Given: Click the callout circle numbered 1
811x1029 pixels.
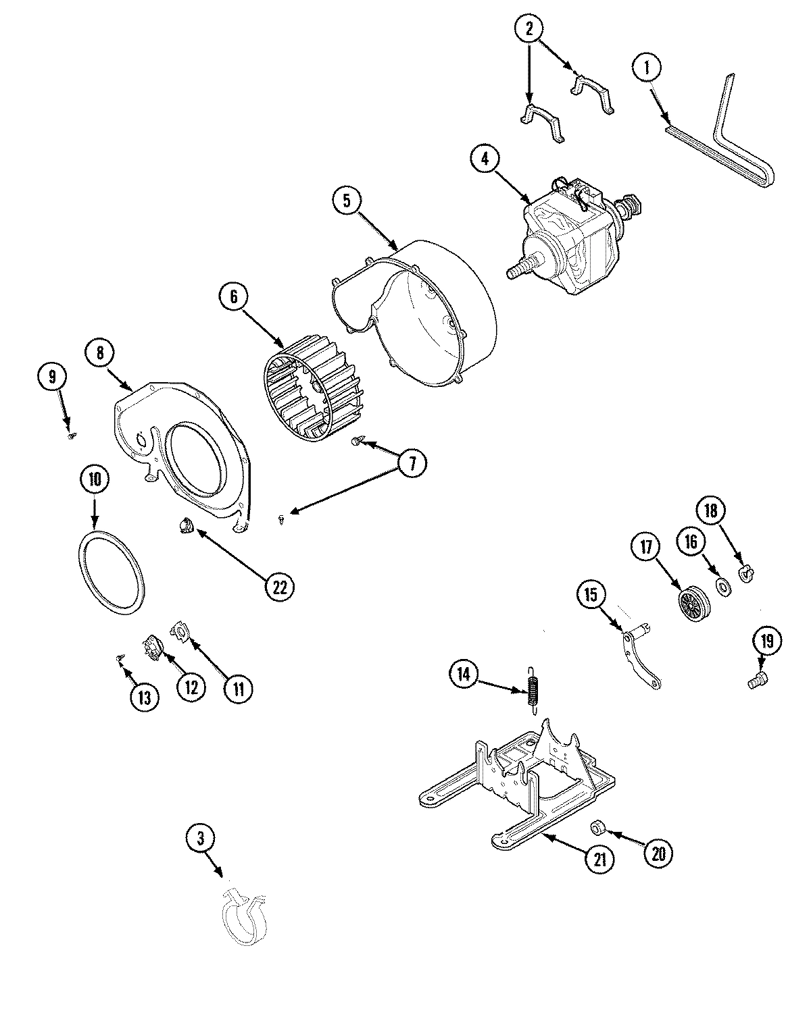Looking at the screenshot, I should pos(647,68).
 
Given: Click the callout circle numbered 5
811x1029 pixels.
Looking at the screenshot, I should pos(347,201).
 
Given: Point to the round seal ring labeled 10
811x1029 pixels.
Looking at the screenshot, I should pos(109,572).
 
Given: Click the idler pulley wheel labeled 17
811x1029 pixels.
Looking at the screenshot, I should pos(692,599).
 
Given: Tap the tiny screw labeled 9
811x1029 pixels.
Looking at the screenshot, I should pos(70,437).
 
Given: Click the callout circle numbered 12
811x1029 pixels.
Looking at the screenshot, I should pos(190,688).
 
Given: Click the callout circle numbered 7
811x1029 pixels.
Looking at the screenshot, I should pos(412,463).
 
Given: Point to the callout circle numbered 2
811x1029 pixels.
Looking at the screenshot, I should pos(529,29).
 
